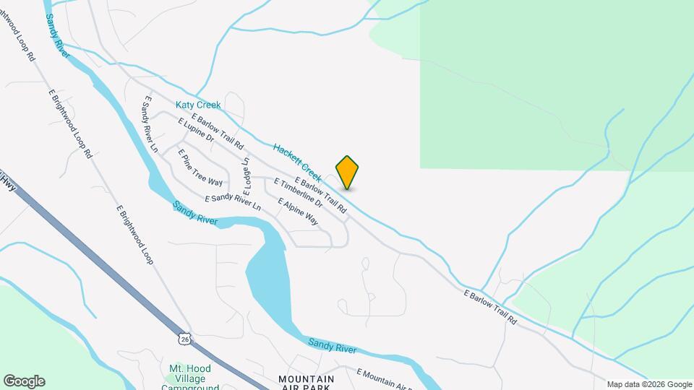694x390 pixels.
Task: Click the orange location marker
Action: pos(347,172)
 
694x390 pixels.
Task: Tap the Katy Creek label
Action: pos(198,105)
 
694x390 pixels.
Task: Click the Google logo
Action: pos(24,381)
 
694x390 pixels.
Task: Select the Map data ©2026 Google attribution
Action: pos(649,384)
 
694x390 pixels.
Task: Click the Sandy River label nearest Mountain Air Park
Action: pos(332,346)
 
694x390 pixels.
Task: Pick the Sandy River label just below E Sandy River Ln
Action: pos(195,212)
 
